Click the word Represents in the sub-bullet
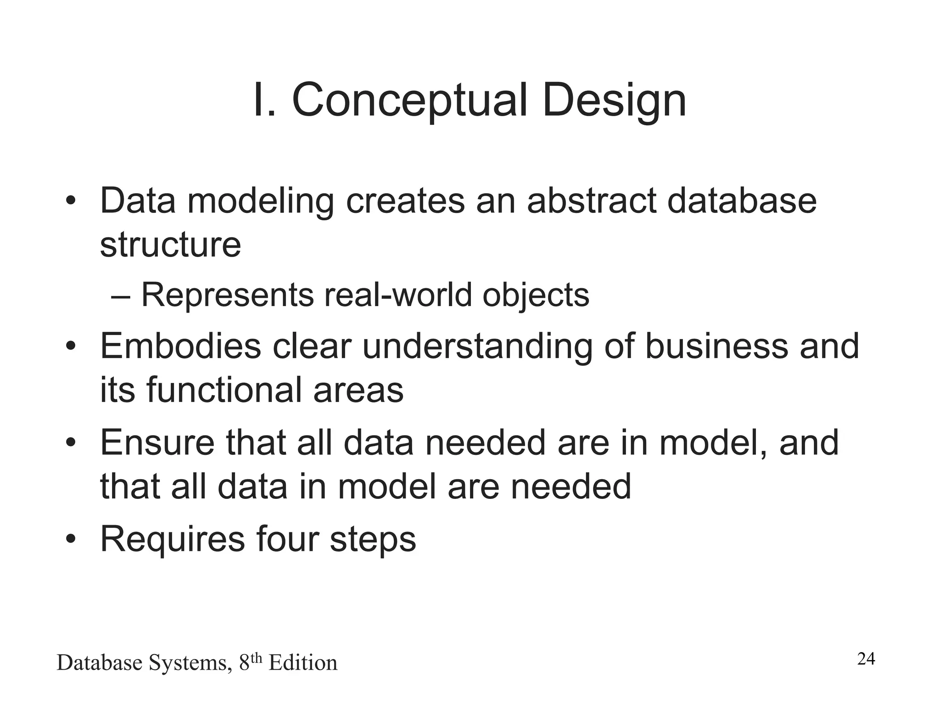227,295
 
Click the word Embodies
180,346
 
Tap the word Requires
173,540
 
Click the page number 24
866,659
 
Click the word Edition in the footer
303,663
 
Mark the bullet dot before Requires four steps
70,539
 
